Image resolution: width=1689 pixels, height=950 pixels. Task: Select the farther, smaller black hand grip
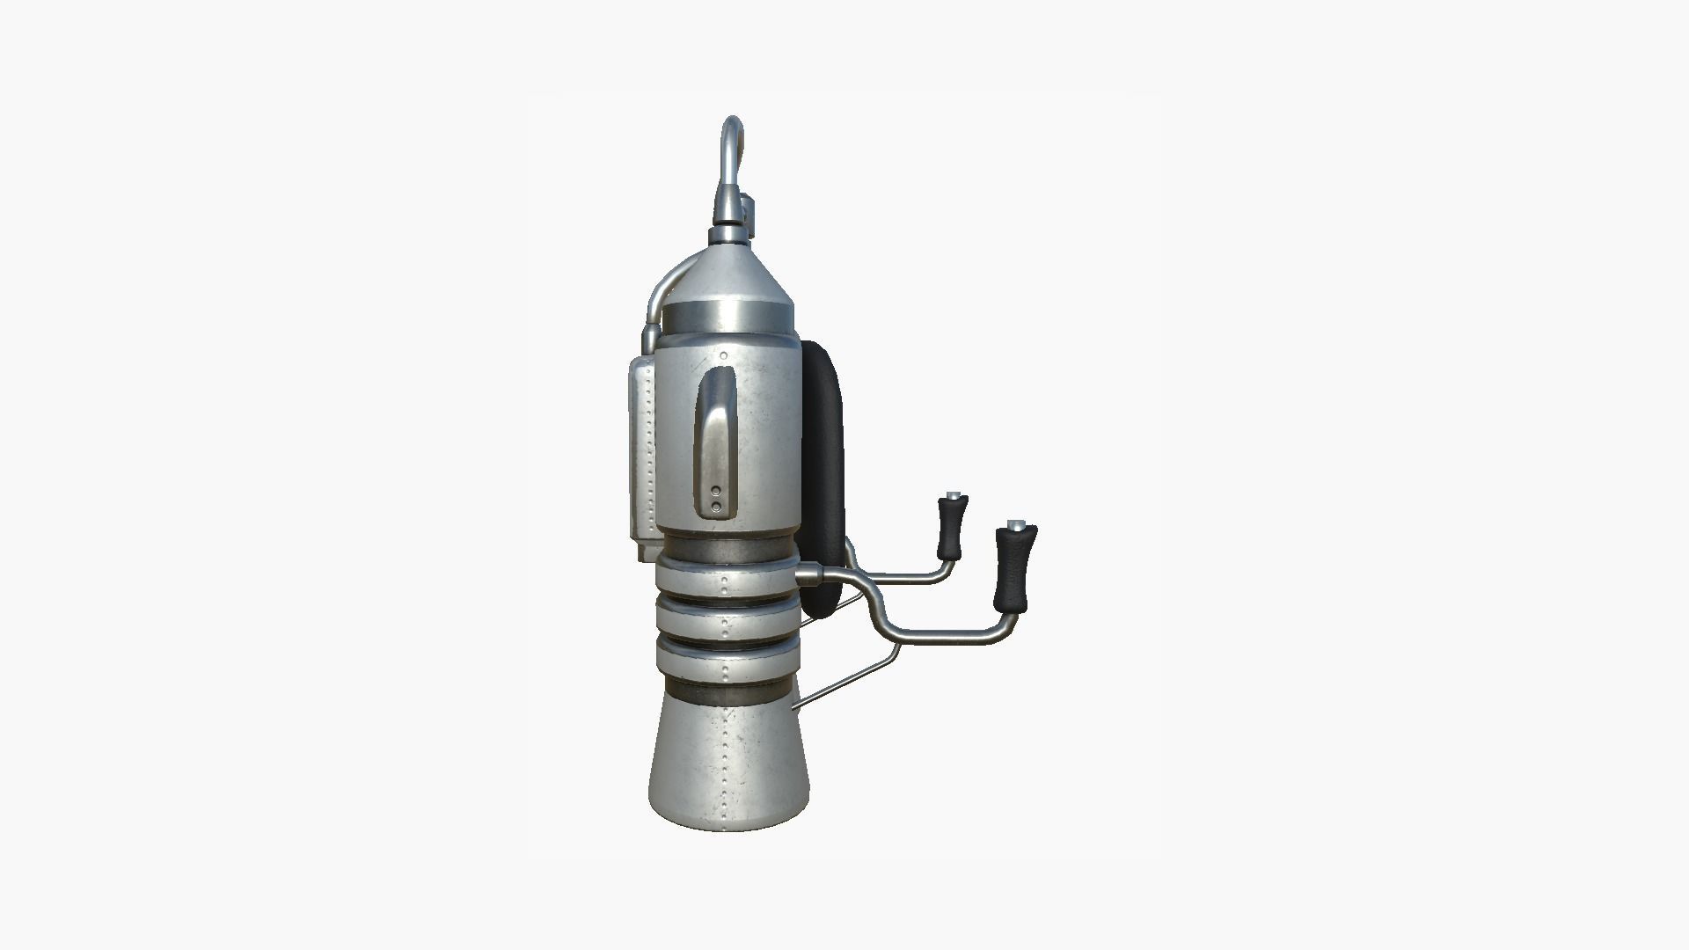[951, 528]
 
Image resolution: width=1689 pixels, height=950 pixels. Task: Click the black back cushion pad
[823, 475]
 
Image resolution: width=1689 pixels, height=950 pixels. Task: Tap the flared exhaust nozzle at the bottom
[728, 765]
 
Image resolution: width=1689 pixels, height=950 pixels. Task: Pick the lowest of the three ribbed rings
[726, 664]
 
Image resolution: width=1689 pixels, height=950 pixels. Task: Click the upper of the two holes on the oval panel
[716, 491]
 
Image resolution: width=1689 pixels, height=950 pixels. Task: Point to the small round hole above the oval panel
[723, 355]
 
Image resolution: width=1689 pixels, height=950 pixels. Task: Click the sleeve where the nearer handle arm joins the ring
[808, 575]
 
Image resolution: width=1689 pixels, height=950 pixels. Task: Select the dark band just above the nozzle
[728, 693]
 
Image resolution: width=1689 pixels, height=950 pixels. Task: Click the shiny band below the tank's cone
[728, 314]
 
